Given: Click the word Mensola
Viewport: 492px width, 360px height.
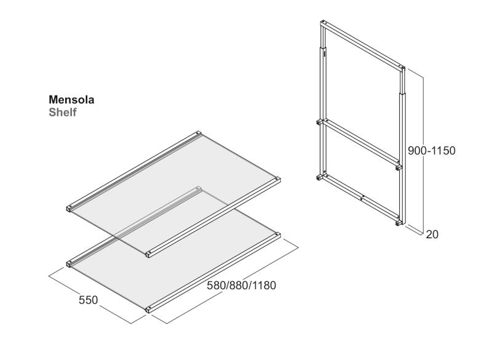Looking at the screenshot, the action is (71, 100).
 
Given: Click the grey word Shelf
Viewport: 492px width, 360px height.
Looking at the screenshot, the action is (63, 112).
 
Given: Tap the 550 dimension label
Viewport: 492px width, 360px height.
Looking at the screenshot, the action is (88, 300).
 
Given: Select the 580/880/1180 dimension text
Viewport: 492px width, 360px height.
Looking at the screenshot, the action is (241, 286).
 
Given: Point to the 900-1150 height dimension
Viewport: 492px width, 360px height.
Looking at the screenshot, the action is (432, 151).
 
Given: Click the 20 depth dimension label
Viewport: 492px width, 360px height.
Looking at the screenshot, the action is (432, 234).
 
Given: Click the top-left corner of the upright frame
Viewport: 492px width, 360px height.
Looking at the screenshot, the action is (322, 22).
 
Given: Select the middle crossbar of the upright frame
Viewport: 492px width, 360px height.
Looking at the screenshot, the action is (361, 142).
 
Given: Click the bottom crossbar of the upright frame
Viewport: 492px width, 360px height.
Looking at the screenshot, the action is (361, 197).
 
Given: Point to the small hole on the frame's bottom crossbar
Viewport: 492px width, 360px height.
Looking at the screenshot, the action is (362, 198).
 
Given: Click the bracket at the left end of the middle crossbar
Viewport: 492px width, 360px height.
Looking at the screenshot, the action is (319, 122).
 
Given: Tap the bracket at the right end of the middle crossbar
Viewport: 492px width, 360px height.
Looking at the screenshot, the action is (399, 167).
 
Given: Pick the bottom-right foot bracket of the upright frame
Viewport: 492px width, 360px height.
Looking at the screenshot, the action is (399, 222).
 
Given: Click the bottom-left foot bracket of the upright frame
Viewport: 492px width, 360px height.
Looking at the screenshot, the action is (319, 178).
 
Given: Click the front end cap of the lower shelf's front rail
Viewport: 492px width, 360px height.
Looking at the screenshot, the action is (148, 310).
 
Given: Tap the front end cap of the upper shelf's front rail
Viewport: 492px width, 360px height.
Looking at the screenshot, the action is (148, 254).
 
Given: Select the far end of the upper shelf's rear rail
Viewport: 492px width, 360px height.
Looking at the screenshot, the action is (198, 133).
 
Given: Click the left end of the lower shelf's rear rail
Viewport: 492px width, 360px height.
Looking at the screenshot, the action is (69, 264).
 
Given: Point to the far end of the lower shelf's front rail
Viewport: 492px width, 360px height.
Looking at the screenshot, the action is (277, 234).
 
